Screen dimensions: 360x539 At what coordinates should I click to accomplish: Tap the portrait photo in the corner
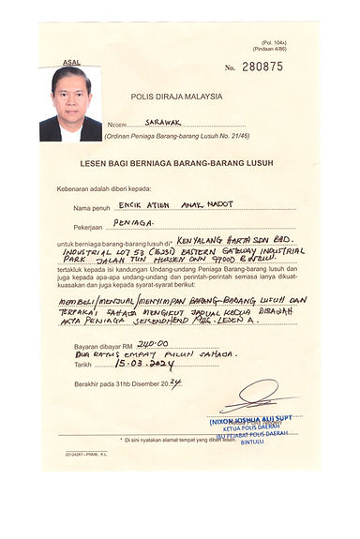pyautogui.click(x=70, y=104)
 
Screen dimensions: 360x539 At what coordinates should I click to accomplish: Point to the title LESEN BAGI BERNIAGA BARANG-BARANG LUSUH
pyautogui.click(x=176, y=163)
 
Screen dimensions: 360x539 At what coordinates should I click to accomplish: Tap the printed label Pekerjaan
pyautogui.click(x=93, y=226)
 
